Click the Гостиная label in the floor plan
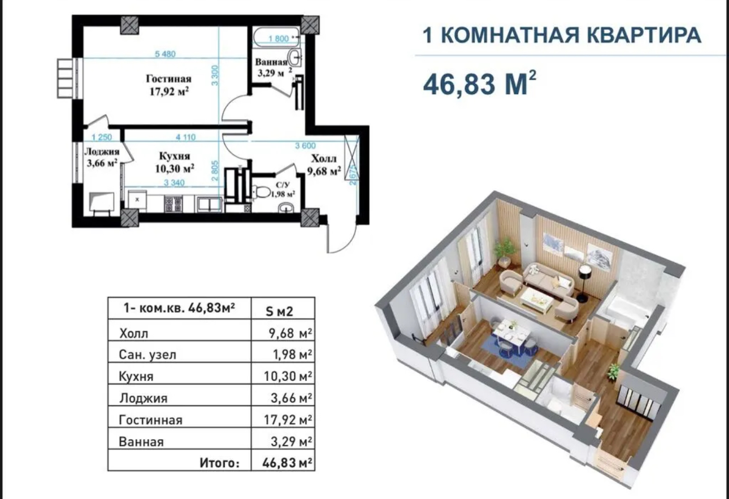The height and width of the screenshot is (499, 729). point(168,79)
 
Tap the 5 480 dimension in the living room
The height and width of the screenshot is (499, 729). point(166,54)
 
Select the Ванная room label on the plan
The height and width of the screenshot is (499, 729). point(271,62)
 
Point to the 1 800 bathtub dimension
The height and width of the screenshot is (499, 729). point(279,39)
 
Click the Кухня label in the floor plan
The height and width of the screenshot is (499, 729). point(175,156)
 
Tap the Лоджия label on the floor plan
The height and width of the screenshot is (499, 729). point(102,152)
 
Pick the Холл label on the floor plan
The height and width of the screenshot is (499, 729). point(324,159)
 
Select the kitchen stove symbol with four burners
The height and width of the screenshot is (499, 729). point(173,204)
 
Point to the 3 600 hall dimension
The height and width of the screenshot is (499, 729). point(305,146)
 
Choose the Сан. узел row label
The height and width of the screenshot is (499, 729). point(147,354)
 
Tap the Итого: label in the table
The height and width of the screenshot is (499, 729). point(220,463)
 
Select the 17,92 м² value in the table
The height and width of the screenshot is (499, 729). point(288,419)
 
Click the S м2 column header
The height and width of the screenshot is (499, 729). point(280,312)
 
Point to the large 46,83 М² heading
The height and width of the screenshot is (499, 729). point(479,84)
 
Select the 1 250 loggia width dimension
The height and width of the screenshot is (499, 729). point(102,137)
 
